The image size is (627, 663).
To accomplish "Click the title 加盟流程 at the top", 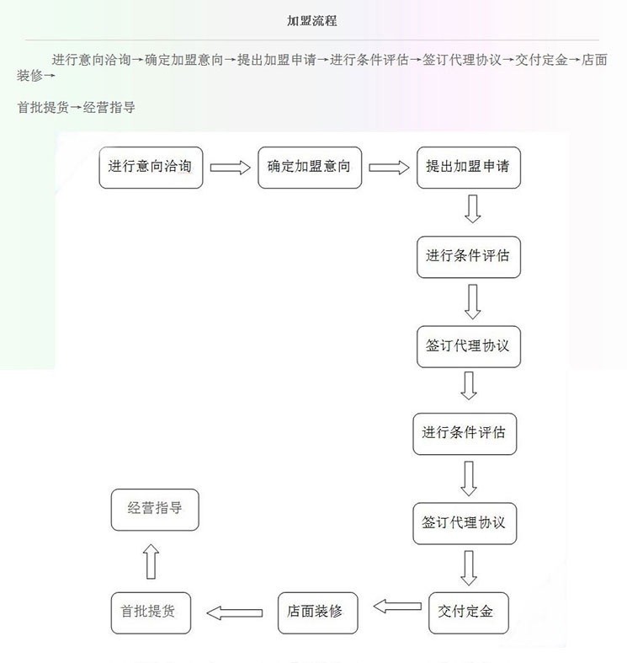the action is pos(311,21).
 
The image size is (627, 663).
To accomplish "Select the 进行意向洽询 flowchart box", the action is pos(151,168).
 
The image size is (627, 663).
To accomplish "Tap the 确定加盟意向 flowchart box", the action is pos(310,168).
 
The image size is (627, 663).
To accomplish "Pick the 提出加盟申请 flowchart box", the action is pos(469,168).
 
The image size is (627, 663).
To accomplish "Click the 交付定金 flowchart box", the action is pos(469,612).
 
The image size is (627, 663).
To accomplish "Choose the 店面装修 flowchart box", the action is pos(318,612).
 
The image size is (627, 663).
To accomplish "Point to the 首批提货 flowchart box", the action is pos(151,612).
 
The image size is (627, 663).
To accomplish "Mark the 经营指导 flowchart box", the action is pos(155,510).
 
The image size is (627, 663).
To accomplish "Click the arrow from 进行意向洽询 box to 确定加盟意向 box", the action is pos(231,168).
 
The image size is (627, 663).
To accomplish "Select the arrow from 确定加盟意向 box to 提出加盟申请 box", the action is pos(389,168).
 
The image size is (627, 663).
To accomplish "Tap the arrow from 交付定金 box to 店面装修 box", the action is pos(397,607).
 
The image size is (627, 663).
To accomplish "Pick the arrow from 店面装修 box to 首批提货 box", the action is pos(235,612).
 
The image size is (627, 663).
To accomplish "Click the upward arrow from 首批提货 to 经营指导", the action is pos(151,561).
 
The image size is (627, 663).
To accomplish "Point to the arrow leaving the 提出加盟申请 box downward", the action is pos(472,209).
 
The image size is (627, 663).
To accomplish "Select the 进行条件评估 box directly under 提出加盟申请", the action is pos(469,257).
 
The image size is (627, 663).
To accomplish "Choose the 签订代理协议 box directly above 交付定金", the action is pos(465,523).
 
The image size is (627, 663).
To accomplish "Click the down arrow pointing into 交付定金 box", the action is pos(469,568).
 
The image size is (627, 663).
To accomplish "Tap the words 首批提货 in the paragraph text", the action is pos(43,107).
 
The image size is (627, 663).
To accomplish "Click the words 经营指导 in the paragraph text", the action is pos(109,107).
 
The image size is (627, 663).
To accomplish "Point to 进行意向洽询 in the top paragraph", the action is pos(91,60).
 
